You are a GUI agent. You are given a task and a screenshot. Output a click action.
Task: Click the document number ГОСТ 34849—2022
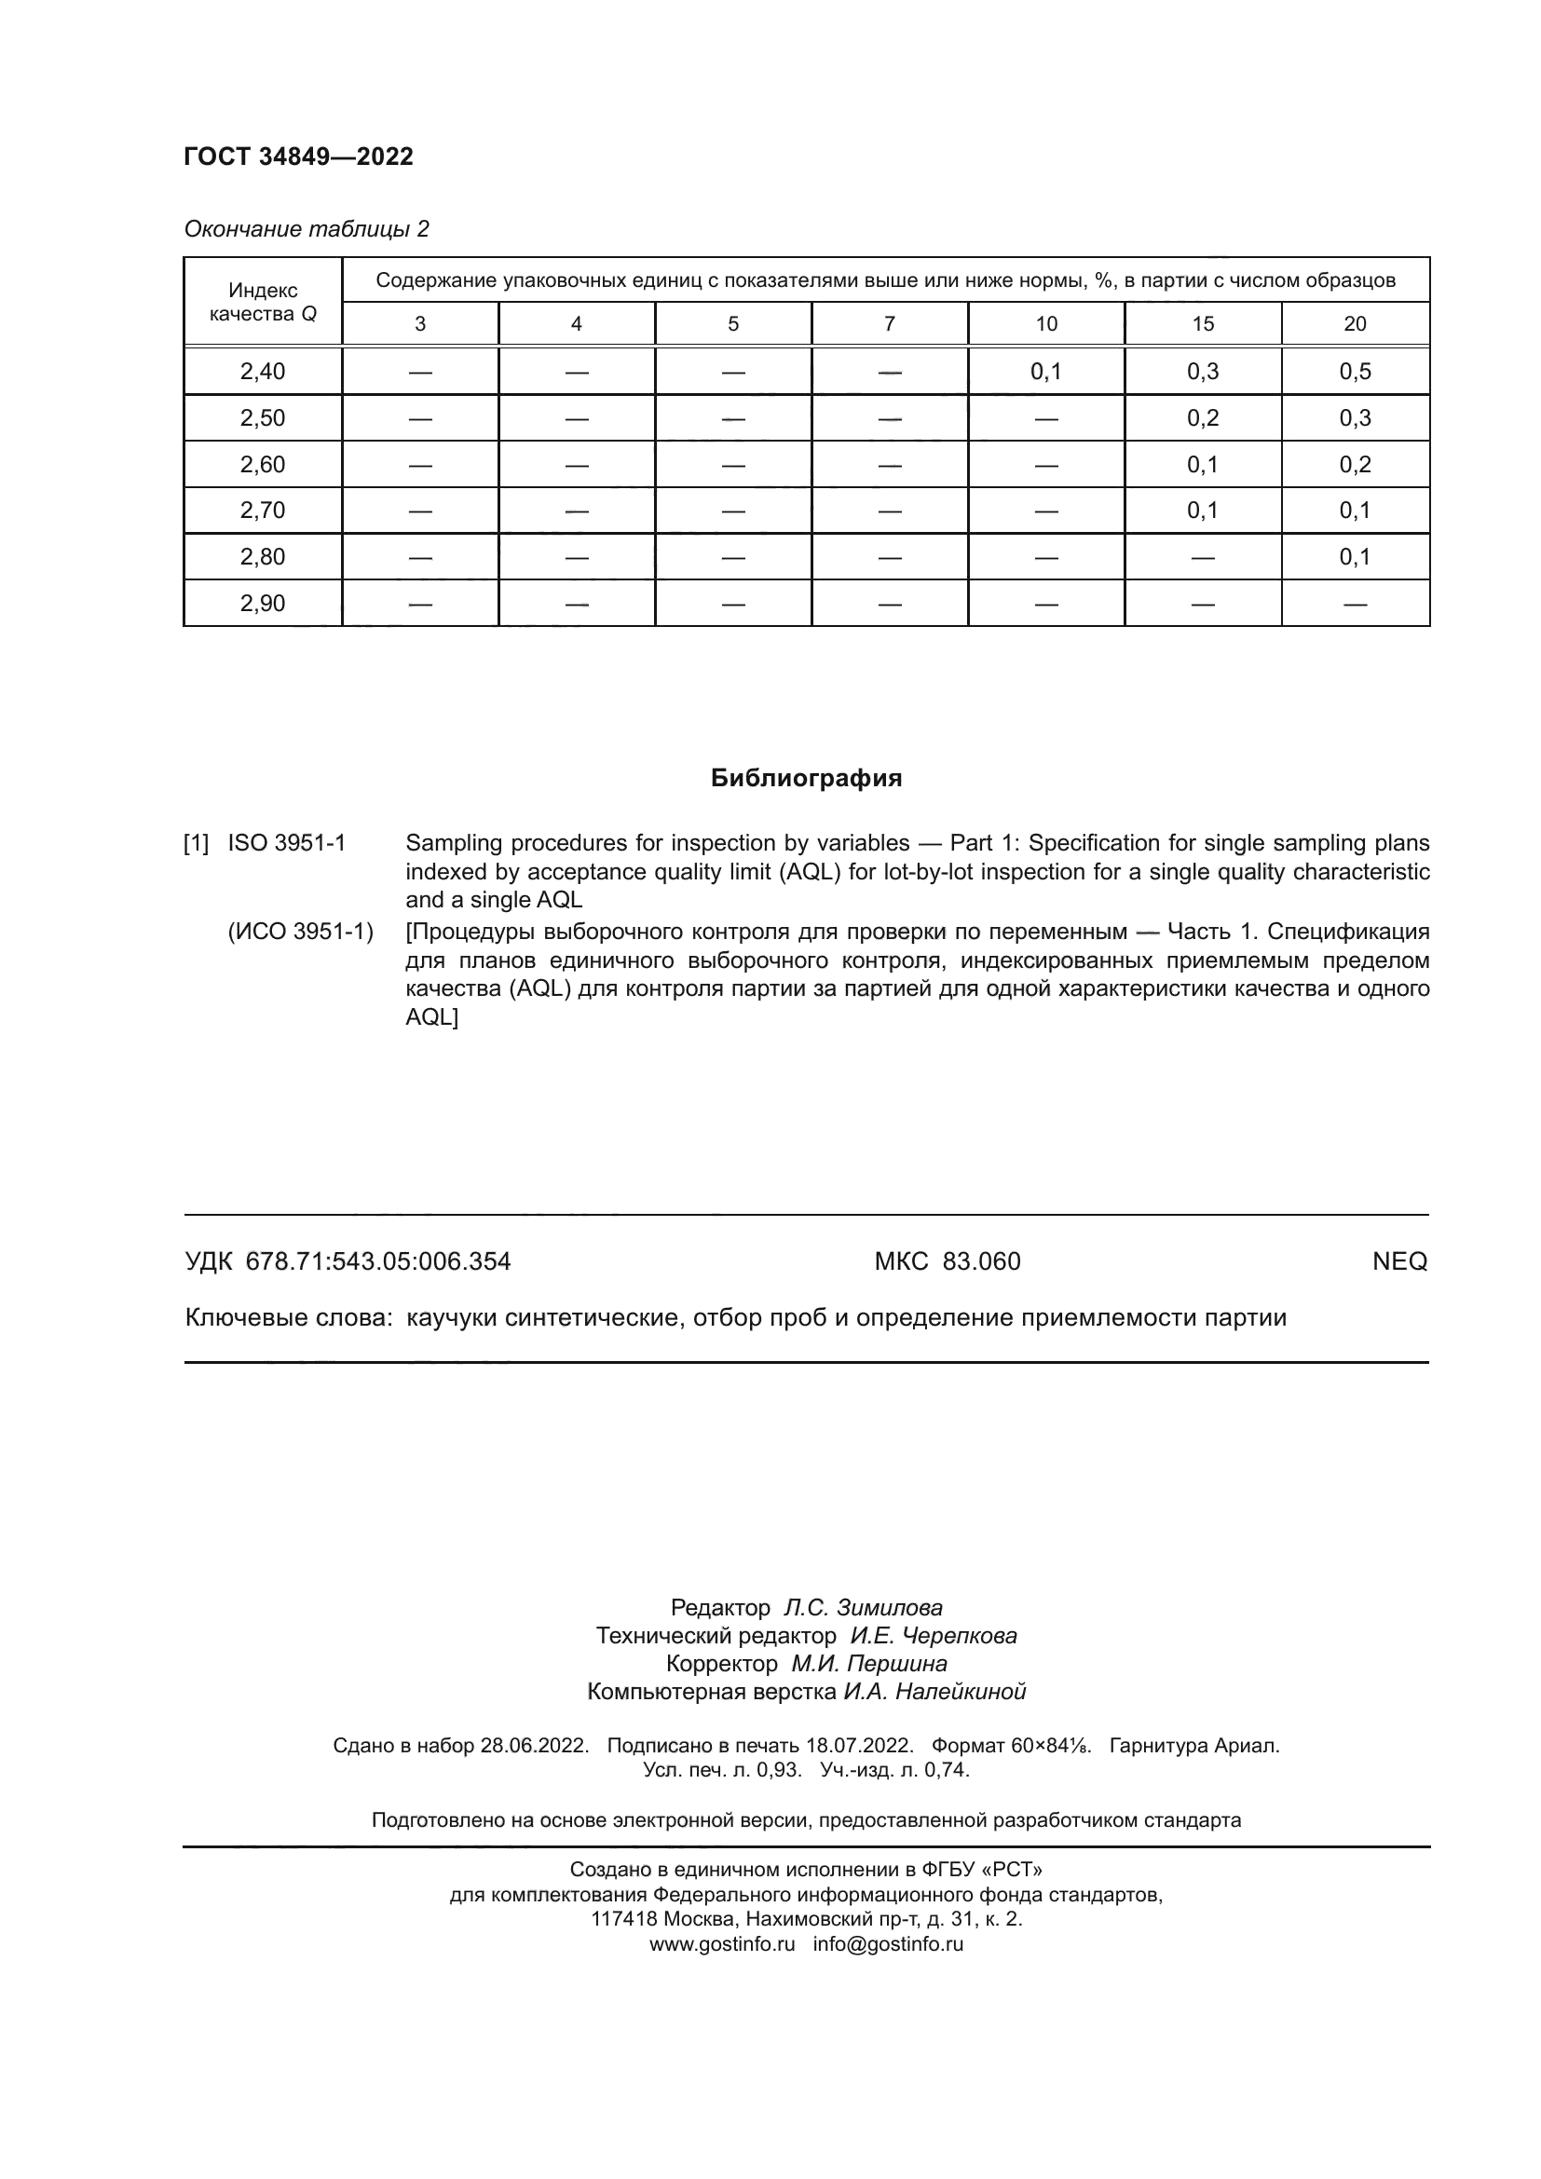(298, 157)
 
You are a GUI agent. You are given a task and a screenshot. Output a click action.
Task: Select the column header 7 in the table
(889, 323)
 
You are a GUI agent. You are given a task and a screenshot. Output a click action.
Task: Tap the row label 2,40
(262, 371)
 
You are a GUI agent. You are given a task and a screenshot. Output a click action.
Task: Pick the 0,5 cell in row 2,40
(1354, 371)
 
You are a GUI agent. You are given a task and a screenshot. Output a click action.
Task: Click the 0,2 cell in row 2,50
(1202, 417)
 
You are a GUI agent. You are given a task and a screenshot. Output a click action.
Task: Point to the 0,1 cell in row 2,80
(1354, 556)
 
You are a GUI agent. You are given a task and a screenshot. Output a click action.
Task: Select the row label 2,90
(262, 603)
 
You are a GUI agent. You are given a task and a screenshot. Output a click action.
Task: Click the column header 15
(1202, 323)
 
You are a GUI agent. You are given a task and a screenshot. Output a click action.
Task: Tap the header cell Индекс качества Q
(262, 302)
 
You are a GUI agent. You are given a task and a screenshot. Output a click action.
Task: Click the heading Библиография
(806, 778)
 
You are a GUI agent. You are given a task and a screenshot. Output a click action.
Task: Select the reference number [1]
(196, 843)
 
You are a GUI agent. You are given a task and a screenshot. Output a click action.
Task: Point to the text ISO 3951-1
(287, 843)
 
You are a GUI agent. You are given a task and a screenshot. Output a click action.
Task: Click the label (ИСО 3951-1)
(300, 932)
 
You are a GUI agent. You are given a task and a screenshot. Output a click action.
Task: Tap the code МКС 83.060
(947, 1261)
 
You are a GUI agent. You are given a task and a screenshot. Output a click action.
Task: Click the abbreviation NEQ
(1398, 1261)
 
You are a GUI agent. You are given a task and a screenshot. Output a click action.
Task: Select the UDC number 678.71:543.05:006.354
(377, 1261)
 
